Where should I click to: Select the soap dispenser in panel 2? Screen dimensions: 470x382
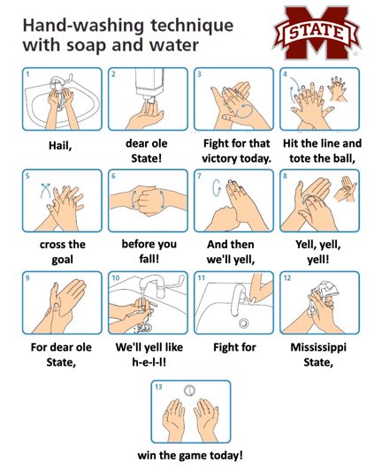[146, 86]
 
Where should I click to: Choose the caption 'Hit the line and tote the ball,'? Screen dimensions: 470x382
[320, 150]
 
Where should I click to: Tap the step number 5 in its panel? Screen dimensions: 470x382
[27, 176]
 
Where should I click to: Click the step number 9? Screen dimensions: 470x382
[27, 277]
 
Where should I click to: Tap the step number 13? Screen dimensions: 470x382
[158, 388]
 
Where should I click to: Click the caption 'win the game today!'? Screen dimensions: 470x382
[190, 456]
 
